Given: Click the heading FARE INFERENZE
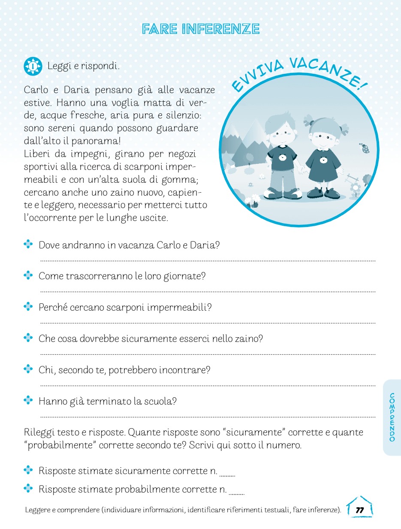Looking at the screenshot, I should coord(201,29).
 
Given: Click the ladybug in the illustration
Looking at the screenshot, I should coord(365,148).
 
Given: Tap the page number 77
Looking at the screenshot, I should coord(360,510).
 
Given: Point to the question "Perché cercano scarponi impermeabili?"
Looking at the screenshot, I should coord(125,308).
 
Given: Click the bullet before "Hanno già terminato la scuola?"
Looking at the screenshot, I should coord(28,400).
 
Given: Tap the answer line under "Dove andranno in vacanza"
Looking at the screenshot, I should coord(208,260).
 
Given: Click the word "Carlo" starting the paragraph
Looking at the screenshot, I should coord(36,90).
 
